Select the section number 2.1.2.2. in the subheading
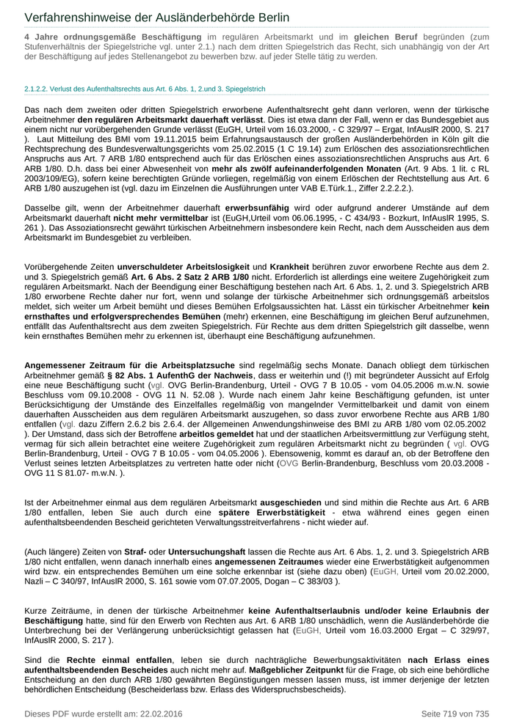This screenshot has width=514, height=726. pyautogui.click(x=39, y=89)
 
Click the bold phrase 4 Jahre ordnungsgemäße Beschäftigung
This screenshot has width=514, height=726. pyautogui.click(x=112, y=37)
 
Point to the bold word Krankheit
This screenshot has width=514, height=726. pyautogui.click(x=294, y=265)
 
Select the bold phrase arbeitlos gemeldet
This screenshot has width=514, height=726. pyautogui.click(x=213, y=434)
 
